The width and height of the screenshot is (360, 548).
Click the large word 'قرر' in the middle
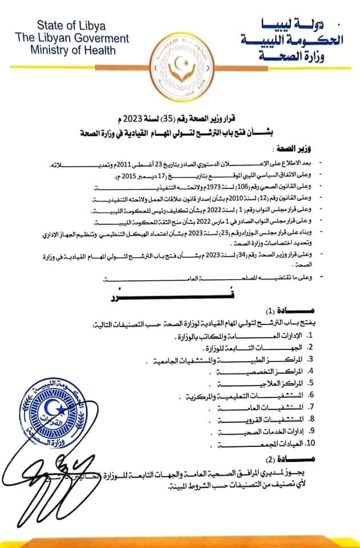coord(176,296)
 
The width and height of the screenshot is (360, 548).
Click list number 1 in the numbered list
coord(309,336)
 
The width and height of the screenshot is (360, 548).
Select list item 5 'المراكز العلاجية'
coord(268,384)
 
